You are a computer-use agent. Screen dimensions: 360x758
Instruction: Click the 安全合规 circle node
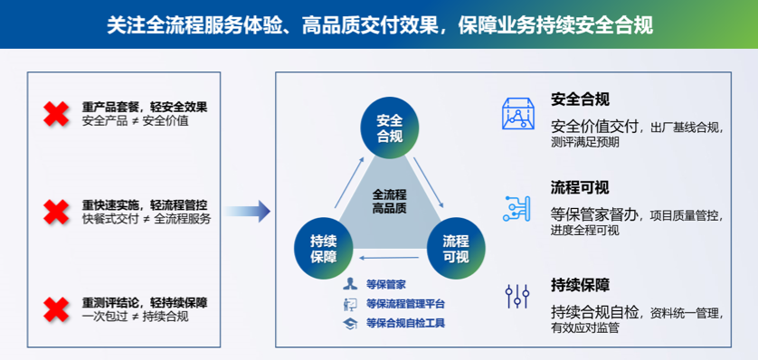coord(390,128)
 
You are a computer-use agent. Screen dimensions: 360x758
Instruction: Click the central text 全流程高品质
coord(389,202)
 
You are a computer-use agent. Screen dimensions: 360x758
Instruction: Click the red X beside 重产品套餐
coord(56,114)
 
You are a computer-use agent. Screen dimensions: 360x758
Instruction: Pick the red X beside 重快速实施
coord(56,212)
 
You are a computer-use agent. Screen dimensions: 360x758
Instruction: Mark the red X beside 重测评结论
coord(56,309)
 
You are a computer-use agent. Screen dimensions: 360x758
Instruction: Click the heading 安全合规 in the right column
coord(580,99)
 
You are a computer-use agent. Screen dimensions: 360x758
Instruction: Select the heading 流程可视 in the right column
coord(580,187)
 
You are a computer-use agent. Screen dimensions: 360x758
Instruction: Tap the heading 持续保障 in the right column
coord(580,285)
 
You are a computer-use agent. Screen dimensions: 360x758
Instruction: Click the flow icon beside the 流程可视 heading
coord(517,207)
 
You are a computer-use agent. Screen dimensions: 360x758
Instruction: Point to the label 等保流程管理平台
coord(405,304)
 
